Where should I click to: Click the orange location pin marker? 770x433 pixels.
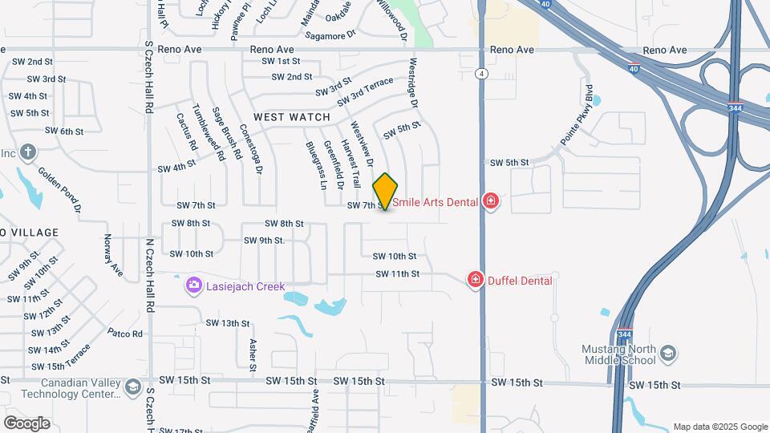click(x=386, y=191)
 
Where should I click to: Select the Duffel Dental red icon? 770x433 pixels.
click(x=476, y=280)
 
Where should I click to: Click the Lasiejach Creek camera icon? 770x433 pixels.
click(x=192, y=285)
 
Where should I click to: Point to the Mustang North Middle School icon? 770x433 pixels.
click(x=668, y=354)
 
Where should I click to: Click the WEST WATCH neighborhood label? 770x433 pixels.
click(x=292, y=117)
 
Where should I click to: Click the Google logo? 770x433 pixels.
click(x=26, y=423)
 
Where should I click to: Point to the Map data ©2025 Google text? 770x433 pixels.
click(x=720, y=427)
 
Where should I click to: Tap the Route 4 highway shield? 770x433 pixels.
click(x=481, y=74)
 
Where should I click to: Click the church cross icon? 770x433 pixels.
click(x=28, y=152)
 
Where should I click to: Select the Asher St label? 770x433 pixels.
click(x=253, y=354)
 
